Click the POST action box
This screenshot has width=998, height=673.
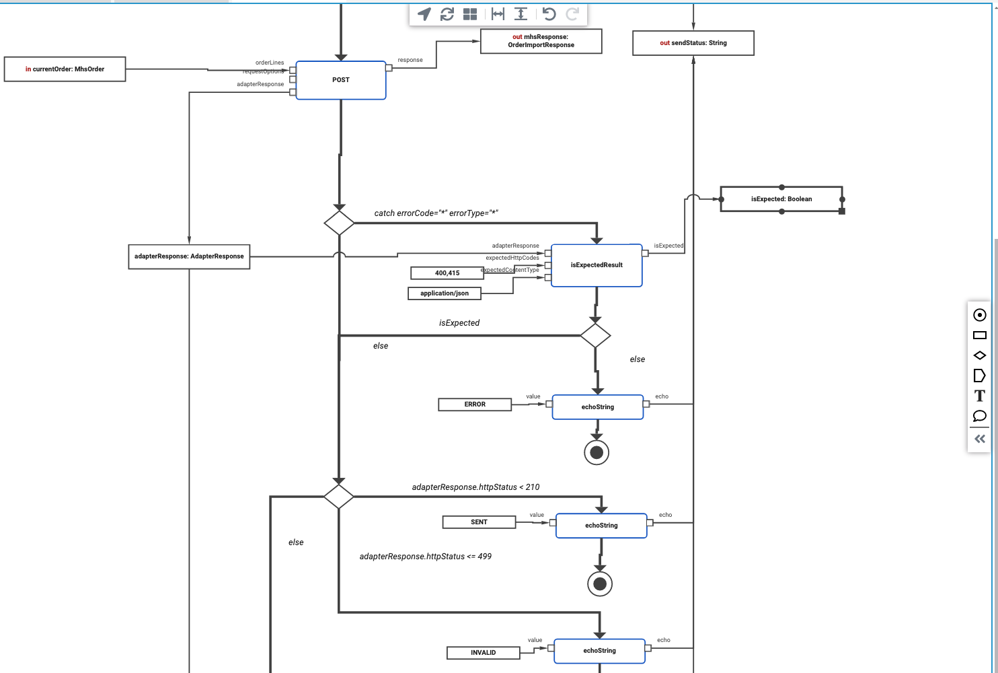coord(341,80)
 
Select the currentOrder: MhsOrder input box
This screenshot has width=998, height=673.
coord(65,69)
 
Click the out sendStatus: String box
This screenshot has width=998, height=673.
coord(693,43)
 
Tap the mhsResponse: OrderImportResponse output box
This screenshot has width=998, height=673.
coord(541,41)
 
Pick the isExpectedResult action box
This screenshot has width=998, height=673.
coord(597,265)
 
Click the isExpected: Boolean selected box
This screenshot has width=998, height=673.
coord(781,199)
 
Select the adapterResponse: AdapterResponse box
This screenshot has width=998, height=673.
coord(189,256)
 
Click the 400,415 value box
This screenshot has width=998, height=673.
coord(447,273)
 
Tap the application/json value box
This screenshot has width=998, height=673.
coord(445,293)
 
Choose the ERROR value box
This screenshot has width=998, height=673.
coord(475,404)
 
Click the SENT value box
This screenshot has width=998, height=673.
coord(479,522)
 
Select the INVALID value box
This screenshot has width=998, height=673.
coord(483,653)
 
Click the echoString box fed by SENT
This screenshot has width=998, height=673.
coord(601,526)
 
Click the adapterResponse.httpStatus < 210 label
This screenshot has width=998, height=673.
coord(475,487)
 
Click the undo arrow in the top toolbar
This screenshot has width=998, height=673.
coord(549,14)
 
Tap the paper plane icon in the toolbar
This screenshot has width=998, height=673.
coord(424,14)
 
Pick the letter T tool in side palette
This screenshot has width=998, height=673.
coord(980,396)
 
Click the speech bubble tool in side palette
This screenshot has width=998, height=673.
coord(980,416)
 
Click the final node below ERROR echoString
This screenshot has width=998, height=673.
coord(597,453)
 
